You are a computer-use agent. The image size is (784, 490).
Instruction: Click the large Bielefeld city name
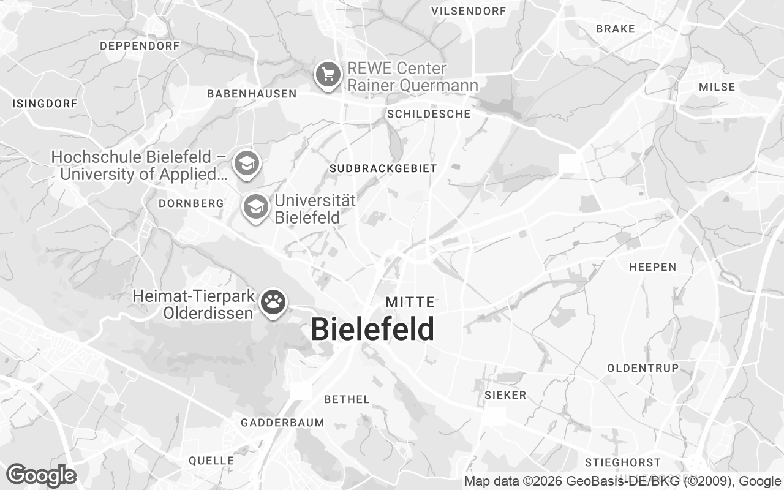(x=372, y=330)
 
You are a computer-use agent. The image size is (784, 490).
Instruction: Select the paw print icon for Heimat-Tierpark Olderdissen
(x=273, y=302)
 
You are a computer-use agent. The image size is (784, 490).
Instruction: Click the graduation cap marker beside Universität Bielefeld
(x=255, y=207)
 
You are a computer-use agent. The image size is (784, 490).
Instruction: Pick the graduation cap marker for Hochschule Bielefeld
(x=247, y=164)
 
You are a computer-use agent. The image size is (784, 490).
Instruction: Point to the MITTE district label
(x=410, y=302)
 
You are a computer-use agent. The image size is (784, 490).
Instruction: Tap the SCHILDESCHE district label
(x=429, y=114)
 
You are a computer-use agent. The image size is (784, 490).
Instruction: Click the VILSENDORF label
(x=469, y=11)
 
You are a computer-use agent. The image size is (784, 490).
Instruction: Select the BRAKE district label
(x=616, y=29)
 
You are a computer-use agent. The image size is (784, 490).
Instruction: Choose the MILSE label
(x=717, y=87)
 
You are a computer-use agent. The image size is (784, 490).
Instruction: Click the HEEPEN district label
(x=652, y=267)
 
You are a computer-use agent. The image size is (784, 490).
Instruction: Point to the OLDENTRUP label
(x=643, y=368)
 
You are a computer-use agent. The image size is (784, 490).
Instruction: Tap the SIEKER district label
(x=505, y=395)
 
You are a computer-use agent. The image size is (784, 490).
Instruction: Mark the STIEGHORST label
(x=623, y=462)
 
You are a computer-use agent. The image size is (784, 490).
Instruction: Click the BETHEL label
(x=347, y=399)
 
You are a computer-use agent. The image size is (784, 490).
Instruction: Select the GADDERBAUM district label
(x=282, y=423)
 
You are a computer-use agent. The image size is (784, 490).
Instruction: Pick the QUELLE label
(x=211, y=461)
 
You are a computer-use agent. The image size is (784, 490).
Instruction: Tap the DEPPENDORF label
(x=140, y=46)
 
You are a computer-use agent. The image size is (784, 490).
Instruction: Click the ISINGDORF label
(x=45, y=104)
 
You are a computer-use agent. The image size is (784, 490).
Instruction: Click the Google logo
(x=41, y=475)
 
